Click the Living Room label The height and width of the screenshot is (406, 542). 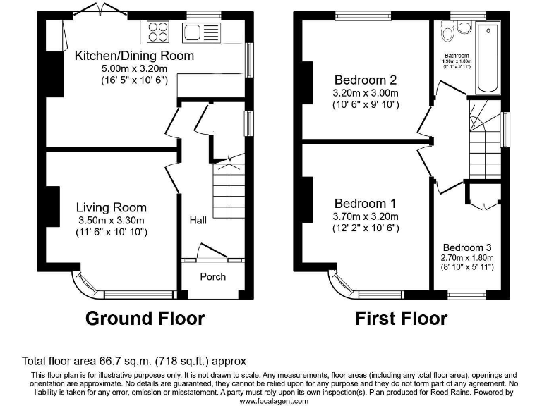112,207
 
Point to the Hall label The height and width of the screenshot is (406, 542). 198,221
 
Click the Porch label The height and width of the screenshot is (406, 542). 212,276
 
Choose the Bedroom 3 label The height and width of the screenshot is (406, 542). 467,247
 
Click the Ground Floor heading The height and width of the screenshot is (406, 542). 145,319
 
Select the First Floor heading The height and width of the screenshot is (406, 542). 401,319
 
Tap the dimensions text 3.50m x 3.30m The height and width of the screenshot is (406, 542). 112,220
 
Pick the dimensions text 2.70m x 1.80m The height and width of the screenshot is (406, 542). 467,258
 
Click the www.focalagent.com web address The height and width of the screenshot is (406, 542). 274,400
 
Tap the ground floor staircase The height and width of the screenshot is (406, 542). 228,190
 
